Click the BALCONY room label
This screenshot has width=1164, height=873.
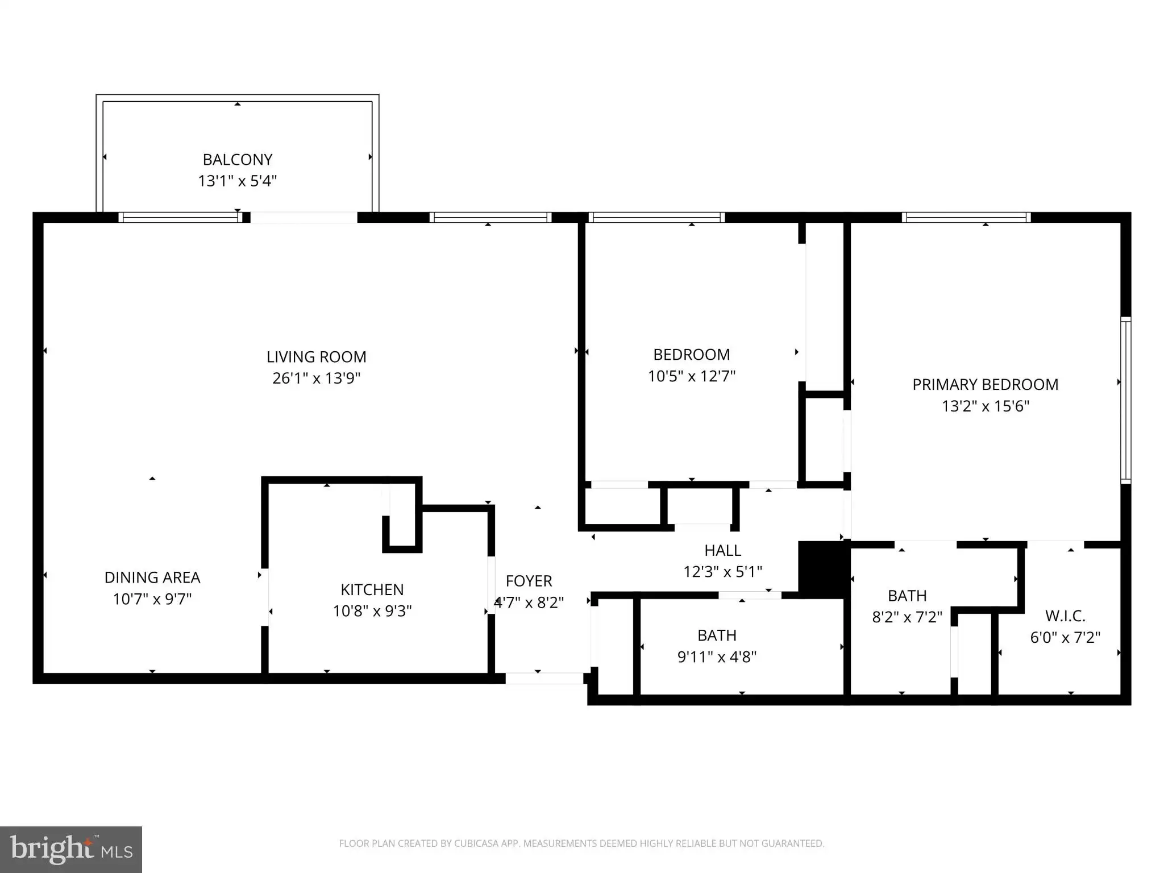238,160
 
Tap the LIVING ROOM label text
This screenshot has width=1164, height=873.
317,357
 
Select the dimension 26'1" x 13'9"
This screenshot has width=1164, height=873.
317,378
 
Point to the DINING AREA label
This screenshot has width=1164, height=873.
152,577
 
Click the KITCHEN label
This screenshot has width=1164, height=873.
372,589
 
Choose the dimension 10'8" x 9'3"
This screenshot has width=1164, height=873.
372,611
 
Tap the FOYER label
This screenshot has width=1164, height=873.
529,581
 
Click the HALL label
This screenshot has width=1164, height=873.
723,550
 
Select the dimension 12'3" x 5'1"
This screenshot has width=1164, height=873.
723,572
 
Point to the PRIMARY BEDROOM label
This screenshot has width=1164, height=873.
986,385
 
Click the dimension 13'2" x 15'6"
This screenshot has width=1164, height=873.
986,406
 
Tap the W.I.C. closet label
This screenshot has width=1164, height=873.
1065,616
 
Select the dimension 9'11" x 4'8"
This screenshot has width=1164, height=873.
717,657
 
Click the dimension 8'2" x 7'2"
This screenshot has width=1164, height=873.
907,617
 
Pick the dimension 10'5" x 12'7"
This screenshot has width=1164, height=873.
692,376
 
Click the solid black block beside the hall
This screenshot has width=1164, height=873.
824,569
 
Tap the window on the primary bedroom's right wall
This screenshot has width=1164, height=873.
1125,401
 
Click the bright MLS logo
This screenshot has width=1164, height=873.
71,850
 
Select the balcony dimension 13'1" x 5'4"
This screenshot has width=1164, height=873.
238,181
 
